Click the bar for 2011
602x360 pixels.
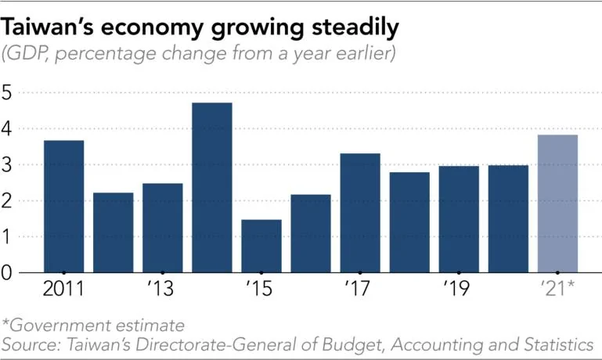[x=63, y=207]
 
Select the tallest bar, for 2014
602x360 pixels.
[x=212, y=188]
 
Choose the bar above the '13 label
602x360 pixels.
[x=163, y=228]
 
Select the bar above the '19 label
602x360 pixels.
[x=459, y=219]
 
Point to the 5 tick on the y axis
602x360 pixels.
[x=7, y=92]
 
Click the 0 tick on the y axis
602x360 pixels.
[x=7, y=272]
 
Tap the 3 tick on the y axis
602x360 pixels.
[x=7, y=164]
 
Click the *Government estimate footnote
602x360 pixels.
[x=93, y=324]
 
